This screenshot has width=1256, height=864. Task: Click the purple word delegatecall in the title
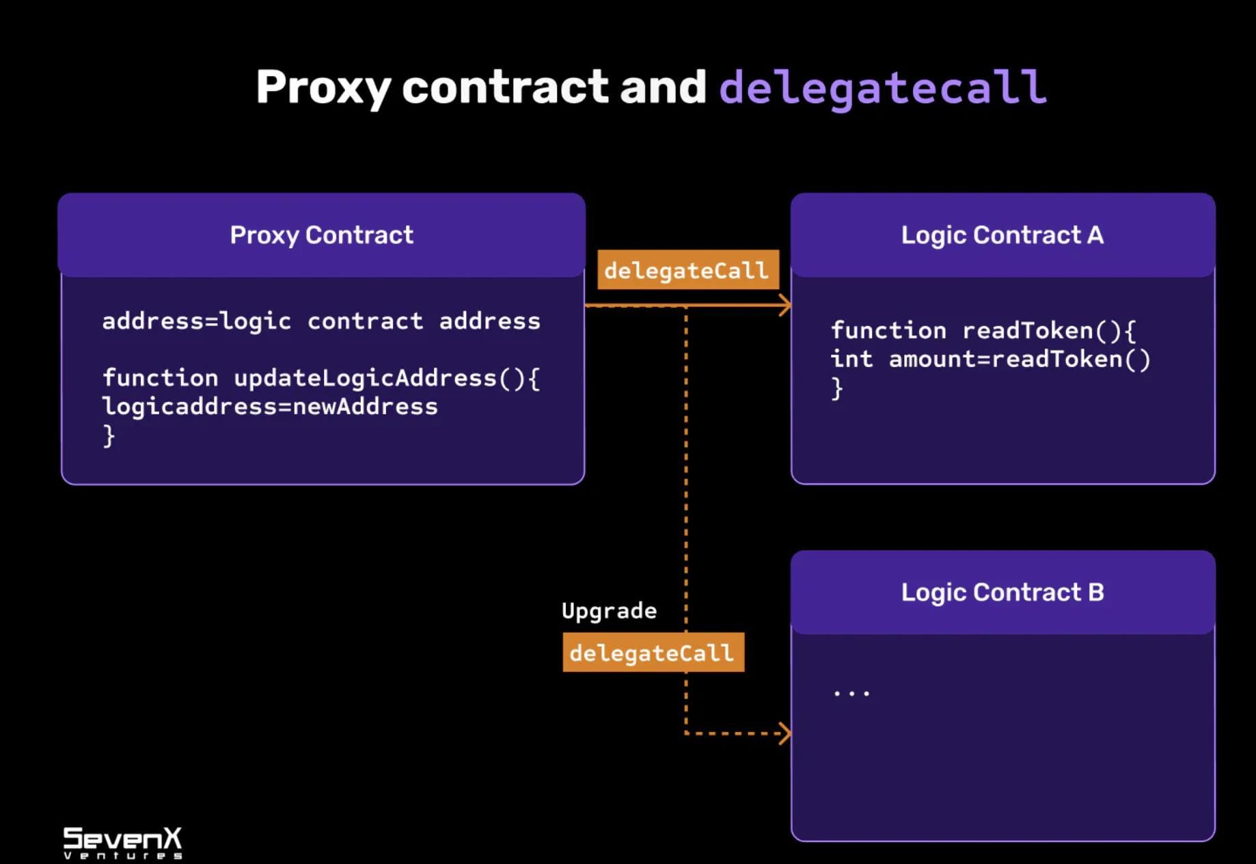(882, 87)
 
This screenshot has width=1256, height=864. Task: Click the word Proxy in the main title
(323, 87)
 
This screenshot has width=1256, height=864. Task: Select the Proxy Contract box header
(321, 235)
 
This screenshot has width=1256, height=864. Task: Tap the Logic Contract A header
(1002, 235)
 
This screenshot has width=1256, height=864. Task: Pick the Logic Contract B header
(1002, 592)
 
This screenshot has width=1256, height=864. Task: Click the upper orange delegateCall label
(687, 271)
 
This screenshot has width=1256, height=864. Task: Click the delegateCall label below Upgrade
(653, 653)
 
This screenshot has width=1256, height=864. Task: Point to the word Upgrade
(609, 610)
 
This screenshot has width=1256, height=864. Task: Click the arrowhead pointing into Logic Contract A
(785, 306)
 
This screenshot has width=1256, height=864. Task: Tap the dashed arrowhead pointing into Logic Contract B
(785, 733)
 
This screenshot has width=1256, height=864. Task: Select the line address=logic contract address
(321, 321)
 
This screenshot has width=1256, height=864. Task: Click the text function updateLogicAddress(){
(321, 378)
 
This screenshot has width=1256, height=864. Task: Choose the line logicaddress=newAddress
(270, 407)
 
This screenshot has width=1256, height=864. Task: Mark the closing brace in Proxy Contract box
(109, 435)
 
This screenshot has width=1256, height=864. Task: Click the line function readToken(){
(983, 331)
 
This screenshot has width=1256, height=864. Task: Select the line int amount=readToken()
(990, 360)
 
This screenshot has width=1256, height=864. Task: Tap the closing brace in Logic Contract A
(836, 389)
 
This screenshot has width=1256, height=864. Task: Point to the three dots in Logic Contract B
(851, 693)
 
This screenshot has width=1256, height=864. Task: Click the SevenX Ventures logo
(123, 842)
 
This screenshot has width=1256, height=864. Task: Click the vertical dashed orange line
(686, 478)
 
